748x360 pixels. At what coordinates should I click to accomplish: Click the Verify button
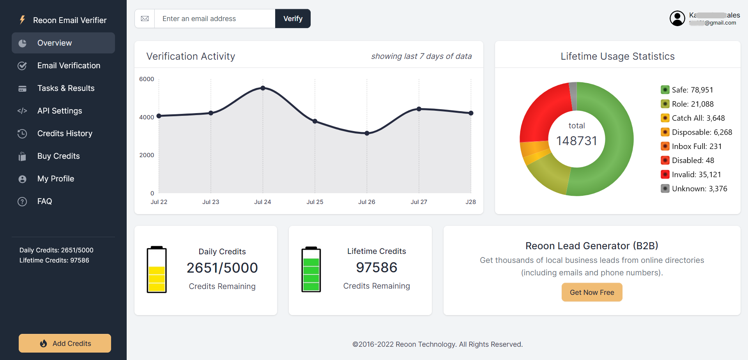(293, 19)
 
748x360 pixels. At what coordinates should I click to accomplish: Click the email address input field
(214, 19)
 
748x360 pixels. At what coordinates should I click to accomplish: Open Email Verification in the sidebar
(69, 66)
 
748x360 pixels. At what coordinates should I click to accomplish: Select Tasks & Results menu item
(66, 88)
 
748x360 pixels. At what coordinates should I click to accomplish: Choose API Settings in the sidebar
(60, 111)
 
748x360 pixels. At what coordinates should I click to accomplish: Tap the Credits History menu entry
(65, 133)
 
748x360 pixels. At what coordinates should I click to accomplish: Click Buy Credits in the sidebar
(58, 156)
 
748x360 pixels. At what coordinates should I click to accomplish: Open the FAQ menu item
(44, 201)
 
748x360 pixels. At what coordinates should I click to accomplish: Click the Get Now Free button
(592, 292)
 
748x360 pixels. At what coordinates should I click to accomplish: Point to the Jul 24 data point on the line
(263, 88)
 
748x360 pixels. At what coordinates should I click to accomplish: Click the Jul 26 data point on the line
(367, 133)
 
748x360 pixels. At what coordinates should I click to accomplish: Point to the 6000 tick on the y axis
(147, 79)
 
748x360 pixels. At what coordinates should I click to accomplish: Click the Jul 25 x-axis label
(315, 202)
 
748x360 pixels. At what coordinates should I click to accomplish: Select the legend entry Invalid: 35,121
(696, 174)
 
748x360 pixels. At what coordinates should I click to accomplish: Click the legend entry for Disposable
(701, 132)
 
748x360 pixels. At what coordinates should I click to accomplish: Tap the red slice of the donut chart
(542, 113)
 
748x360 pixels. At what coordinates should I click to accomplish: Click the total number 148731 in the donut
(576, 141)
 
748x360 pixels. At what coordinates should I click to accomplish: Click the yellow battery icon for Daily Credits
(157, 270)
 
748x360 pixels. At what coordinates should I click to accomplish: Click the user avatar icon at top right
(677, 18)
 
